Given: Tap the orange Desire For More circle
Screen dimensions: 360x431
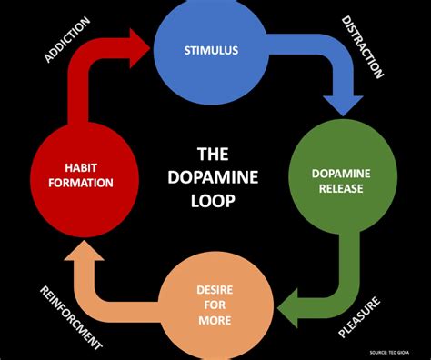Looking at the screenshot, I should [x=212, y=304].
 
